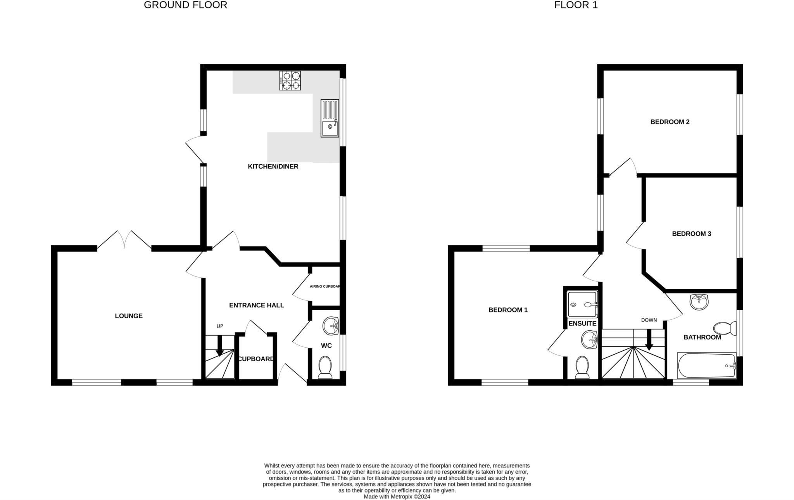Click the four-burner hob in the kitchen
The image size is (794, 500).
[x=290, y=81]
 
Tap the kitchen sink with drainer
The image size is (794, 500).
[x=330, y=118]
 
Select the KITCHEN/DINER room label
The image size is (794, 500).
[x=273, y=167]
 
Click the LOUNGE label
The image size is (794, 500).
[x=129, y=316]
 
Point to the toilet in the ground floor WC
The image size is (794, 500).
[x=325, y=367]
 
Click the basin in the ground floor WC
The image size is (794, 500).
[x=331, y=326]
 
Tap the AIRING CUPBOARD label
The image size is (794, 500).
[x=325, y=287]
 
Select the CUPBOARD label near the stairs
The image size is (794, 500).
[x=256, y=359]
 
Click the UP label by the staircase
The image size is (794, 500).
[x=220, y=326]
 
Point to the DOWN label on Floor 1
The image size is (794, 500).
[x=649, y=320]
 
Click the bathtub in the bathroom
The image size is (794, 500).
[x=706, y=366]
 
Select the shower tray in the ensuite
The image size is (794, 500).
[x=582, y=305]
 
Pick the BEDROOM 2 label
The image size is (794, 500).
[x=670, y=122]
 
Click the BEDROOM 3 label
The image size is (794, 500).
[x=692, y=234]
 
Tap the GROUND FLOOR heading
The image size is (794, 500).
[x=185, y=5]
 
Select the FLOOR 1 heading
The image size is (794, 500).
[x=576, y=5]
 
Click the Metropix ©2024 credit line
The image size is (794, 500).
[x=397, y=497]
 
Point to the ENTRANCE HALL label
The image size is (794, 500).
[x=257, y=305]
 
